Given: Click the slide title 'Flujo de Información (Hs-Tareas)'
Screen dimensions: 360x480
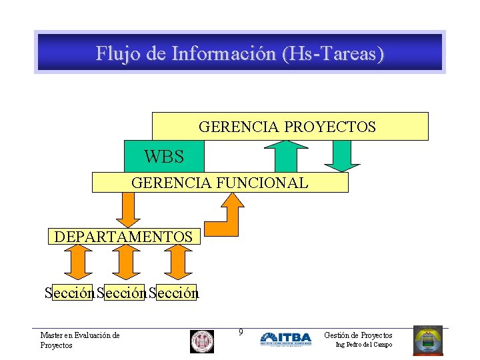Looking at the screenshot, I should click(x=240, y=53).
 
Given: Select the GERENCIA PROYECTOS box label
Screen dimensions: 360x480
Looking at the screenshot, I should click(x=287, y=126).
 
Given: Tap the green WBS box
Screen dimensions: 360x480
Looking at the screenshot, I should click(x=164, y=157).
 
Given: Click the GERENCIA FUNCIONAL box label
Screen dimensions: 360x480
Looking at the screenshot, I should click(x=220, y=183).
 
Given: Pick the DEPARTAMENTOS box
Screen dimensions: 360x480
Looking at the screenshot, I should click(x=123, y=237).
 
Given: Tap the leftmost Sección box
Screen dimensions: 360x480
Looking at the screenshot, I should click(x=69, y=293).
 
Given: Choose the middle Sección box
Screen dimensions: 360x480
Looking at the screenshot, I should click(x=121, y=293).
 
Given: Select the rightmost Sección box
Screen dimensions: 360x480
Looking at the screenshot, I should click(x=175, y=293).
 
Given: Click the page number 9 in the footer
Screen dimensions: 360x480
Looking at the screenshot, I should click(x=241, y=333).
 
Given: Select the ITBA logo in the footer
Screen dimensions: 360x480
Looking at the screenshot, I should click(x=285, y=339).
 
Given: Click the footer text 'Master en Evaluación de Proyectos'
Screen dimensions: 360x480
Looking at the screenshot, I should click(x=79, y=340).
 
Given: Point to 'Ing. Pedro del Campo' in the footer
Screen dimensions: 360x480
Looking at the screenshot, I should click(x=363, y=345).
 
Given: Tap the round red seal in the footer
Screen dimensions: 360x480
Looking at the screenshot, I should click(x=202, y=341).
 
